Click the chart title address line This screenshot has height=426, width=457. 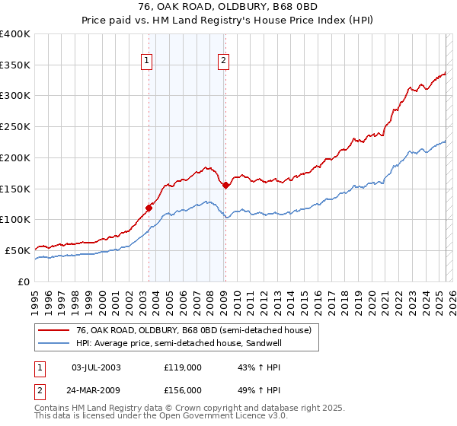[228, 6]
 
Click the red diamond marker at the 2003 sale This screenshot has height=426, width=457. [149, 207]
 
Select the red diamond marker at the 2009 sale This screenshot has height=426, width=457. [226, 185]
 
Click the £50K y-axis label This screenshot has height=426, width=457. [17, 250]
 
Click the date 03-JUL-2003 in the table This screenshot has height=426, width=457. [94, 367]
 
